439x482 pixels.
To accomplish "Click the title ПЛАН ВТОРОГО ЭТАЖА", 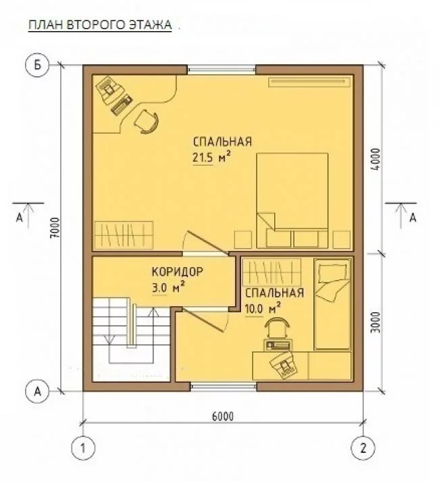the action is click(100, 25).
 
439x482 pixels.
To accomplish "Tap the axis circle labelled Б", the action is click(37, 66).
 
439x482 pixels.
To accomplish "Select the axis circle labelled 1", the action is click(83, 448).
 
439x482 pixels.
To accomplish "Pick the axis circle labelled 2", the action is click(363, 448).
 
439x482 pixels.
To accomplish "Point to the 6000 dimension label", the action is click(223, 416).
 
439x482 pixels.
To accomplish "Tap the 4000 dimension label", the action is click(376, 160).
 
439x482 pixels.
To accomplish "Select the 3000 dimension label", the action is click(376, 322).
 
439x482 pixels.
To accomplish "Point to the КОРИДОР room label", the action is click(178, 272).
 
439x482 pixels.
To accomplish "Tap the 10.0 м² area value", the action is click(263, 308).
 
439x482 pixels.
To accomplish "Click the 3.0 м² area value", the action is click(168, 287).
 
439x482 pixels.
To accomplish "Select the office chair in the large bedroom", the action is click(147, 121).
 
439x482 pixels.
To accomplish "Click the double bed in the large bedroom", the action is click(292, 200).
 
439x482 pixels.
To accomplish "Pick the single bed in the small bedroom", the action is click(332, 304).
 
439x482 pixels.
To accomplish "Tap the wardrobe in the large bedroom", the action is click(124, 235).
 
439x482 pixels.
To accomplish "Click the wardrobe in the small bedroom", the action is click(272, 272).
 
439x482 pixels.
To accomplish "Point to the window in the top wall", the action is click(222, 70).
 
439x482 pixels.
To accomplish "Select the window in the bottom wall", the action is click(224, 387).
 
